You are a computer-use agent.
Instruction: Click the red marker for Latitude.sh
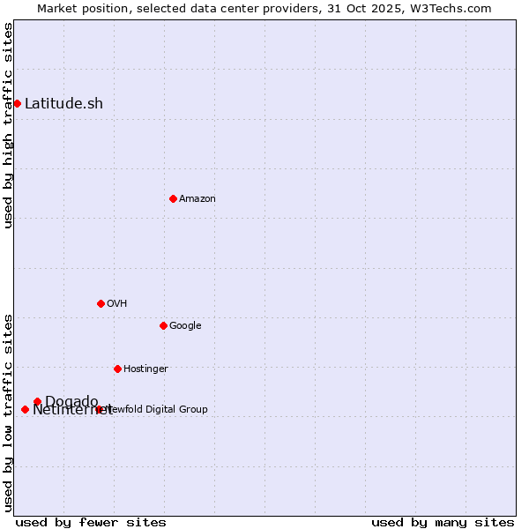pyautogui.click(x=17, y=103)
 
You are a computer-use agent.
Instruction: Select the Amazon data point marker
pyautogui.click(x=173, y=198)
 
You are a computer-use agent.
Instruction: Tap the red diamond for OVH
pyautogui.click(x=101, y=303)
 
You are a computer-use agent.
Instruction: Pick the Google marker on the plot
pyautogui.click(x=163, y=325)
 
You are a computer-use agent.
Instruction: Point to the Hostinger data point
pyautogui.click(x=117, y=369)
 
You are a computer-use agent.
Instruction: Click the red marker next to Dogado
pyautogui.click(x=37, y=401)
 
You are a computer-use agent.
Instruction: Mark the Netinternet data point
pyautogui.click(x=25, y=409)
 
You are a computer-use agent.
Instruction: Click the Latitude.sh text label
pyautogui.click(x=63, y=103)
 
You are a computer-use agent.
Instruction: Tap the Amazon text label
pyautogui.click(x=197, y=198)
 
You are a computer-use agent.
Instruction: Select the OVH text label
pyautogui.click(x=117, y=303)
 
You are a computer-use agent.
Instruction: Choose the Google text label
pyautogui.click(x=185, y=325)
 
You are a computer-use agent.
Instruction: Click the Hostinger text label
pyautogui.click(x=145, y=369)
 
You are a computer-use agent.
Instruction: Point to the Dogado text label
pyautogui.click(x=71, y=401)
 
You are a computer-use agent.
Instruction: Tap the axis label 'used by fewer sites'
pyautogui.click(x=91, y=522)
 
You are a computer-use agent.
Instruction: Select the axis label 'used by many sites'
pyautogui.click(x=443, y=522)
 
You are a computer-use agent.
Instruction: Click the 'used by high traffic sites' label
pyautogui.click(x=9, y=125)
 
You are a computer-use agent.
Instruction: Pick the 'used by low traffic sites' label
pyautogui.click(x=9, y=413)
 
